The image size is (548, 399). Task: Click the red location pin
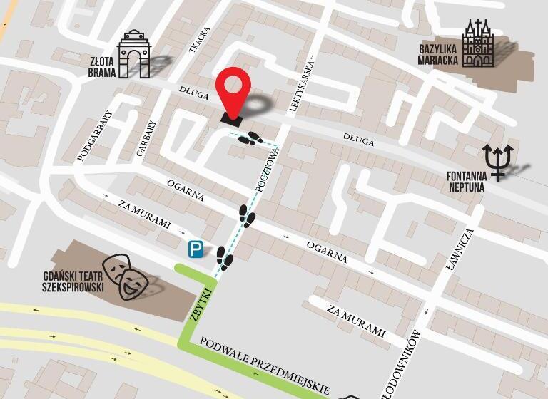point(236,91)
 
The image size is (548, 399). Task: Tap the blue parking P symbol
point(196,249)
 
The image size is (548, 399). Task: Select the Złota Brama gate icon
point(134,54)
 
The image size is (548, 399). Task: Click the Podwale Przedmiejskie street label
point(264,365)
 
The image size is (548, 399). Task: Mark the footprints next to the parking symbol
point(224,259)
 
